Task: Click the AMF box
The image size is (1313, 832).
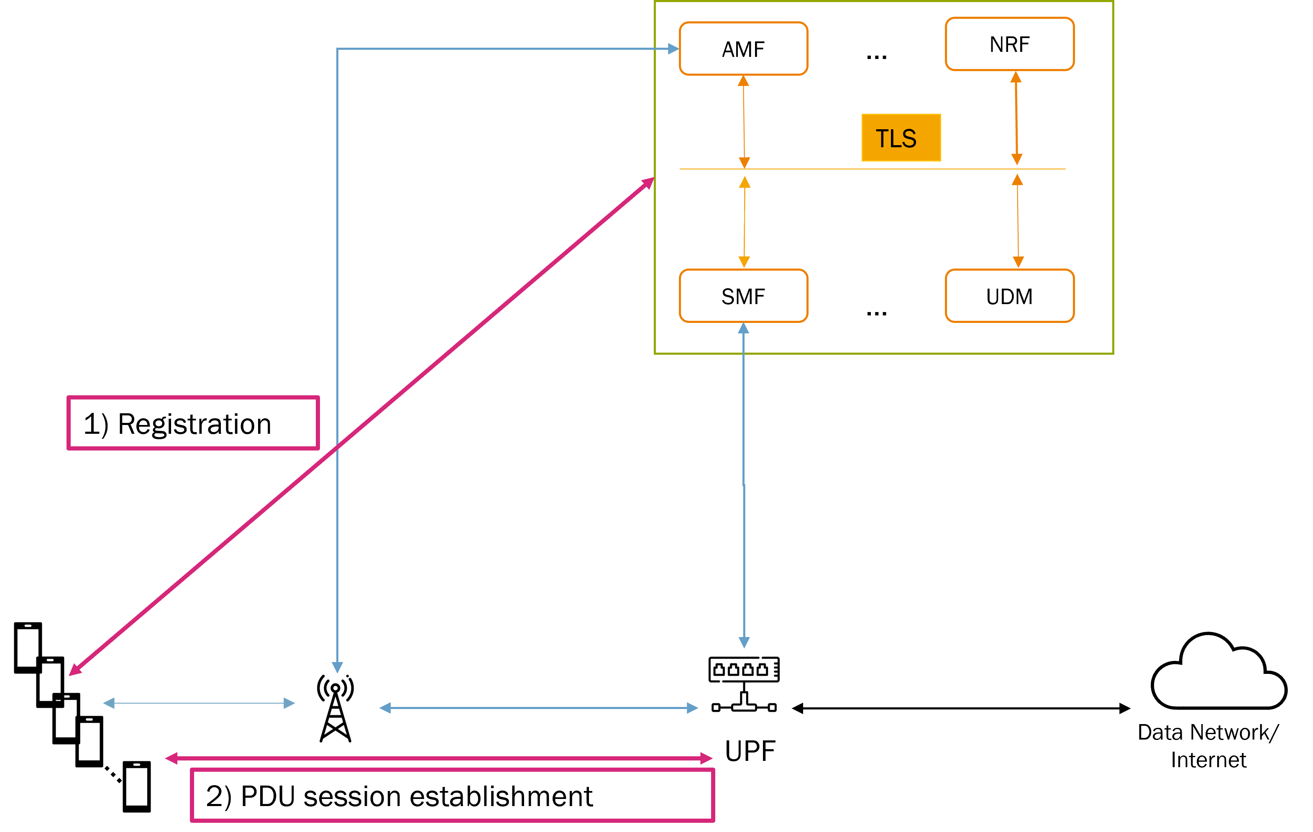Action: pyautogui.click(x=743, y=49)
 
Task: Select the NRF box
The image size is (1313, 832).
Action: pyautogui.click(x=1009, y=44)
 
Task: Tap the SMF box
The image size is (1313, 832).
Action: pyautogui.click(x=743, y=296)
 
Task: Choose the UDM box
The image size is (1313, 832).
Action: pyautogui.click(x=1009, y=296)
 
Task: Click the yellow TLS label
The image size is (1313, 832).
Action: pyautogui.click(x=901, y=138)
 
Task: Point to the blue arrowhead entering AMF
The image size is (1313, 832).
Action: pyautogui.click(x=673, y=49)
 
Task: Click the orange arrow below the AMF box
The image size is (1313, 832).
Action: pyautogui.click(x=744, y=122)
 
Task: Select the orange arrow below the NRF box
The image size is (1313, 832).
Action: pyautogui.click(x=1016, y=118)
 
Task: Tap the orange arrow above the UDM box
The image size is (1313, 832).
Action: pyautogui.click(x=1017, y=221)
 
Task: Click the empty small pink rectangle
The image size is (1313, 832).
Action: pyautogui.click(x=193, y=423)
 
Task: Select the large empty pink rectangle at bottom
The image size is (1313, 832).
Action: pyautogui.click(x=452, y=795)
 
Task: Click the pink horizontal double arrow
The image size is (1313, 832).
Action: pyautogui.click(x=439, y=758)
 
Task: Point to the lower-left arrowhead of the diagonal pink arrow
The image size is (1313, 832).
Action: pyautogui.click(x=75, y=670)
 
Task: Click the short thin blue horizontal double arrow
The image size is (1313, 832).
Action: pyautogui.click(x=199, y=703)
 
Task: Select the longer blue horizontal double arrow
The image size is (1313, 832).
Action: pyautogui.click(x=539, y=708)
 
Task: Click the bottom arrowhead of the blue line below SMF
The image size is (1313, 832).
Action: pyautogui.click(x=744, y=642)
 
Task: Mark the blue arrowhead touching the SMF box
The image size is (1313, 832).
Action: pyautogui.click(x=743, y=328)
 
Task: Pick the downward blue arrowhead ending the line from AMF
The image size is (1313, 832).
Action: pyautogui.click(x=337, y=667)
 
